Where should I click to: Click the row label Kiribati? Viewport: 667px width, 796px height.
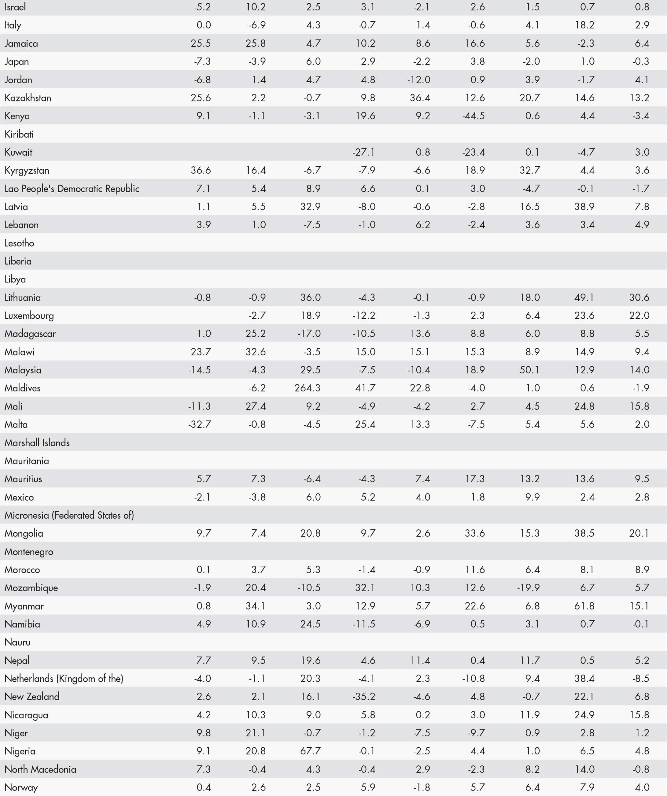(x=19, y=134)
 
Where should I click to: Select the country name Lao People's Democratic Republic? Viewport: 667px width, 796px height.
(x=72, y=189)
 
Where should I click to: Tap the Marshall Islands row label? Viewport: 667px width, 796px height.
(x=37, y=443)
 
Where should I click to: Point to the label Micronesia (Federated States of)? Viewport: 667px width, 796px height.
(x=69, y=515)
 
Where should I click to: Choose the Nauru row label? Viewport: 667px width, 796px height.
(x=17, y=642)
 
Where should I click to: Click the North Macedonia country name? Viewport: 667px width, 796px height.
(x=40, y=769)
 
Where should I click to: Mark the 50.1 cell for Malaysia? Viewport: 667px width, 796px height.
(x=529, y=370)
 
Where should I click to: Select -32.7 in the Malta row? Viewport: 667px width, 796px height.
(x=199, y=424)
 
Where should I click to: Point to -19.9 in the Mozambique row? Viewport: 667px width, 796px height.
(x=528, y=588)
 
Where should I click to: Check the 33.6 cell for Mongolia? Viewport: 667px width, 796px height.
(x=475, y=533)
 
